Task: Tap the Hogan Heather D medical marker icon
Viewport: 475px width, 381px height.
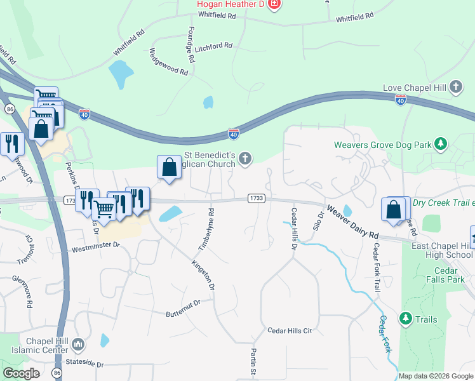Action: (x=274, y=5)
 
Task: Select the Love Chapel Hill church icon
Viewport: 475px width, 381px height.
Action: (x=455, y=87)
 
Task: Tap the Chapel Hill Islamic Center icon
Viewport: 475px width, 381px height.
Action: (x=78, y=345)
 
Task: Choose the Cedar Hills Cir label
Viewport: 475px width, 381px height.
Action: (x=290, y=331)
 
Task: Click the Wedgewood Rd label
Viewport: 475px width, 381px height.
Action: (x=169, y=62)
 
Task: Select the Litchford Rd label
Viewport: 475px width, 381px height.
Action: (x=214, y=46)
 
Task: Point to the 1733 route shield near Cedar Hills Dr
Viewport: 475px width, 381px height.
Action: (x=256, y=199)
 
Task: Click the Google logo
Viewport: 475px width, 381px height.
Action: (x=22, y=373)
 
